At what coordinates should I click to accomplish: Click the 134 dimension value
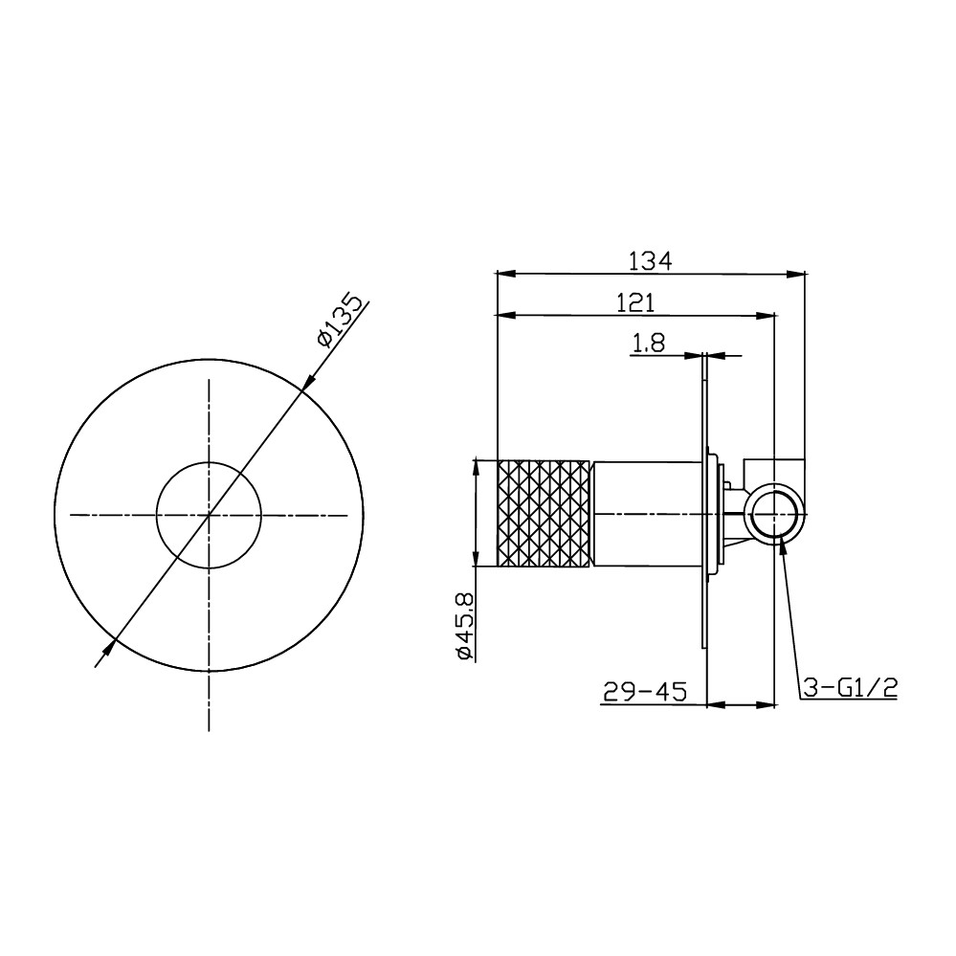click(651, 261)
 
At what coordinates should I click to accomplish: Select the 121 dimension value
click(636, 303)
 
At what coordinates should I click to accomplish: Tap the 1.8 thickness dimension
click(648, 344)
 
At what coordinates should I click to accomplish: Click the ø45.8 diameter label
click(464, 626)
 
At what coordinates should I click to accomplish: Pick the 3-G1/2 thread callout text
click(850, 688)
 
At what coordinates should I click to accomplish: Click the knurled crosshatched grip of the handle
click(544, 514)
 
